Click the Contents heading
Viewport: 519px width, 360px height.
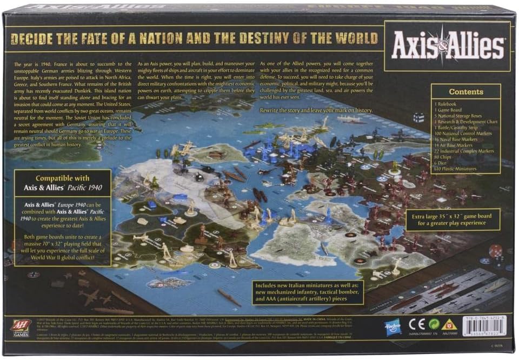[x=465, y=92]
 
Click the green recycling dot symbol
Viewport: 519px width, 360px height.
[x=432, y=326]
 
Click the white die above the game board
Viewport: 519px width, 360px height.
[x=418, y=117]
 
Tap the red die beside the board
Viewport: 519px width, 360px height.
[x=495, y=251]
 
